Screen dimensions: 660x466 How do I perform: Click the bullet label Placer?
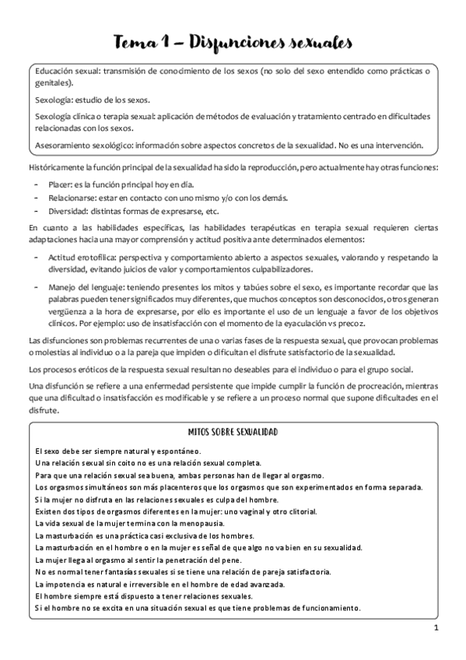tap(60, 185)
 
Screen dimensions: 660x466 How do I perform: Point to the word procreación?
tap(352, 387)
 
